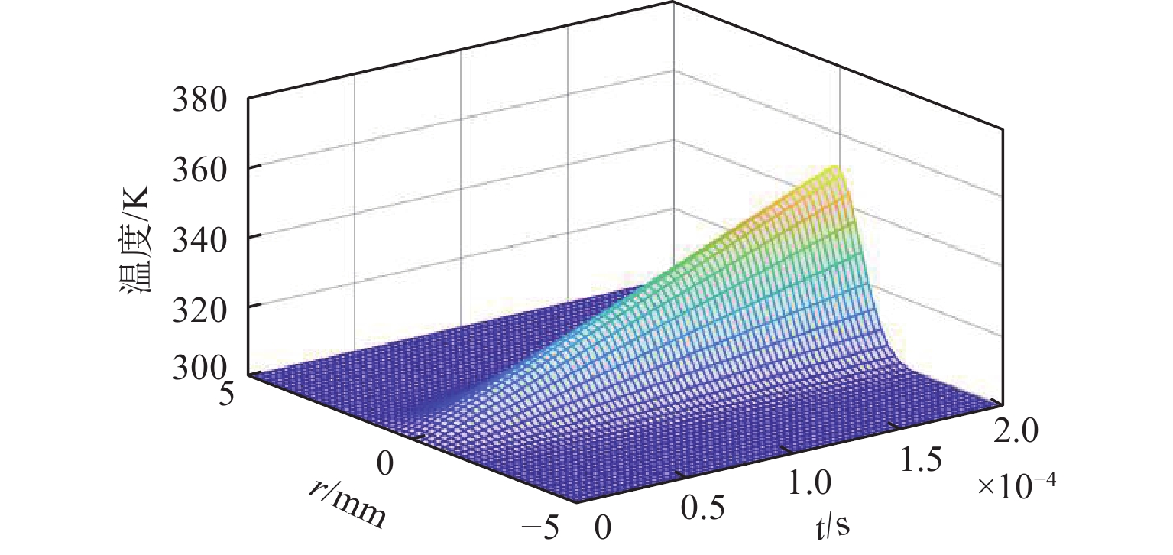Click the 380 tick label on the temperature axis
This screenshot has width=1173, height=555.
[201, 99]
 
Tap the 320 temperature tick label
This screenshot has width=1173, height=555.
[201, 306]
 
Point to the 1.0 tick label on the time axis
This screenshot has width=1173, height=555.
[807, 483]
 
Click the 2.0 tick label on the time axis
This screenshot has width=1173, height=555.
[1016, 433]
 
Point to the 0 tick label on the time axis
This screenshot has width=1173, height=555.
[604, 527]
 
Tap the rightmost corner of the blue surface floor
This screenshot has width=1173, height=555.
[1001, 403]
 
